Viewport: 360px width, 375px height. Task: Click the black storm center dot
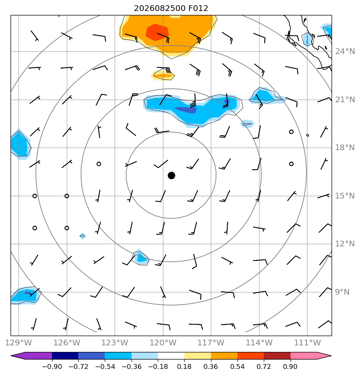(171, 176)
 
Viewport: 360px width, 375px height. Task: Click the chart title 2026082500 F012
(171, 9)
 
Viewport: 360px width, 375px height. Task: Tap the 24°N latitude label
(345, 52)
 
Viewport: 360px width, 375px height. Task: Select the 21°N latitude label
(345, 99)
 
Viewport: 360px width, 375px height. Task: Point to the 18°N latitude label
(345, 148)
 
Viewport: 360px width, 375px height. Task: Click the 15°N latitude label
(345, 196)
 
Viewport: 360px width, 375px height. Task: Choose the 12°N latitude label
(345, 244)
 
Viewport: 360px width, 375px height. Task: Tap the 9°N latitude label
(342, 292)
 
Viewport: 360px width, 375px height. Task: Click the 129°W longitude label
(19, 343)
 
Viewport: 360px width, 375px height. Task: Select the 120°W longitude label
(163, 343)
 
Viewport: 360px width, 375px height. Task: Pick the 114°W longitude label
(259, 343)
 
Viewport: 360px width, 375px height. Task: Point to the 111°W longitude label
(307, 343)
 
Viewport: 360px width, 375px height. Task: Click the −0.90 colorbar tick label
(52, 366)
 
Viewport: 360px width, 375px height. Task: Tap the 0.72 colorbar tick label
(264, 366)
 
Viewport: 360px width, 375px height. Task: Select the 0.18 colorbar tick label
(184, 366)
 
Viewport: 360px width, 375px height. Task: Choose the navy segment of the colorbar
(65, 356)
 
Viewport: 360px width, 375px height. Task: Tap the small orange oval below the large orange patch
(163, 75)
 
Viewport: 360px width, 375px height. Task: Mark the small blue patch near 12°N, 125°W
(82, 236)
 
